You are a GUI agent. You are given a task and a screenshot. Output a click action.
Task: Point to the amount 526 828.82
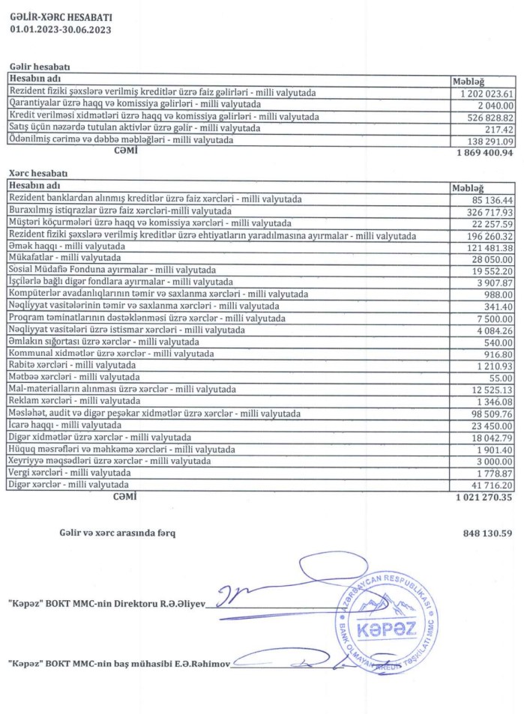pyautogui.click(x=491, y=118)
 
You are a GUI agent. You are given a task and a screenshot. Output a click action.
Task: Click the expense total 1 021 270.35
pyautogui.click(x=484, y=496)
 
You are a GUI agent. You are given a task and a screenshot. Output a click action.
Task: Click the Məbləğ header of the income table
pyautogui.click(x=469, y=81)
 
